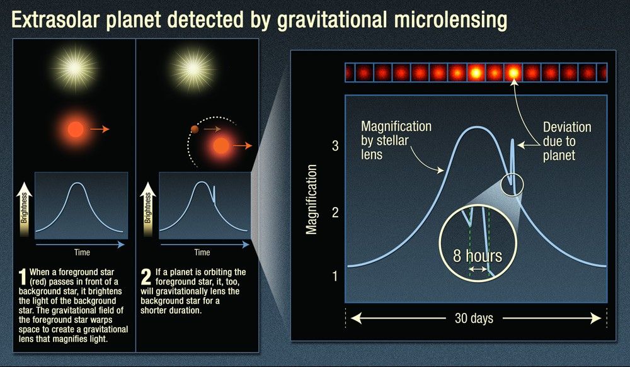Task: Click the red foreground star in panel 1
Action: (x=76, y=130)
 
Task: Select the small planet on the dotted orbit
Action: (x=195, y=130)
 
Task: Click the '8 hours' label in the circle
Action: (x=478, y=256)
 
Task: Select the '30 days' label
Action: (x=474, y=318)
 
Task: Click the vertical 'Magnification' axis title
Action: (x=311, y=196)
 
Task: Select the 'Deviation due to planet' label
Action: (x=567, y=142)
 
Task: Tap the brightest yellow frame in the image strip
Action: (x=514, y=74)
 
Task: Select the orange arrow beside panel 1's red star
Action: (x=100, y=130)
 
